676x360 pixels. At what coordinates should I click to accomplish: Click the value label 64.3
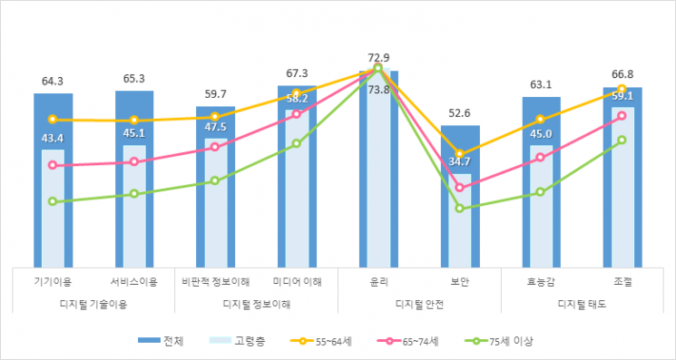pyautogui.click(x=53, y=81)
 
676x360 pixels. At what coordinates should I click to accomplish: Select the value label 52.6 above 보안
pyautogui.click(x=459, y=113)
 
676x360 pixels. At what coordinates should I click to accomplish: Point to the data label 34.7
pyautogui.click(x=459, y=161)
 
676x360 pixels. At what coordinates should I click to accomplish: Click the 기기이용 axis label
pyautogui.click(x=53, y=282)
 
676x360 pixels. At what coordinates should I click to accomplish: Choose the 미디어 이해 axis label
pyautogui.click(x=297, y=282)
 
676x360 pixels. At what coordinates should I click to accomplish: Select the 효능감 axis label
pyautogui.click(x=541, y=282)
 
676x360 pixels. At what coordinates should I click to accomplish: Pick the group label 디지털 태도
pyautogui.click(x=582, y=304)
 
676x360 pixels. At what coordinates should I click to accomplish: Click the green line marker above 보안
pyautogui.click(x=459, y=209)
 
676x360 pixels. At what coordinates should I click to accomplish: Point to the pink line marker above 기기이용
pyautogui.click(x=53, y=165)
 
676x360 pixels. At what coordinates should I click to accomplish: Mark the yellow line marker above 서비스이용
pyautogui.click(x=134, y=121)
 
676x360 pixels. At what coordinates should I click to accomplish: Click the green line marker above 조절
pyautogui.click(x=622, y=140)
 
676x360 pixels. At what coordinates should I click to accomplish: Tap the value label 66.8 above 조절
pyautogui.click(x=622, y=74)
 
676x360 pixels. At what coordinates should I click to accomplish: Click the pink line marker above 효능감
pyautogui.click(x=541, y=157)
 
